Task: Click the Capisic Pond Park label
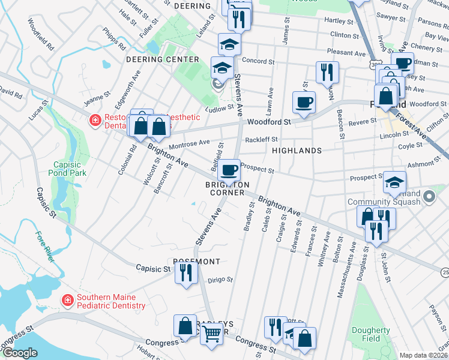click(x=70, y=169)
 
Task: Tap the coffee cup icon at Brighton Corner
click(x=228, y=170)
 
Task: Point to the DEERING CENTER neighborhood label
click(x=162, y=59)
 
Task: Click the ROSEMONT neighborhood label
click(x=196, y=262)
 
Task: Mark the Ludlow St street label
click(x=217, y=108)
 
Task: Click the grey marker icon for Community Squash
click(x=429, y=196)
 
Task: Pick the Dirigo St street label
click(x=220, y=279)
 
